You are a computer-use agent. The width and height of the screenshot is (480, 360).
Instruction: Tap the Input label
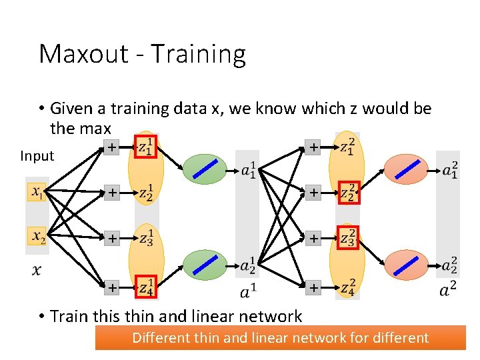pos(37,156)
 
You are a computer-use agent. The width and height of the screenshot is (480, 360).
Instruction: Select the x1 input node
pos(37,193)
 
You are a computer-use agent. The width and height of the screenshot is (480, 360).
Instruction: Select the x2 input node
pos(37,237)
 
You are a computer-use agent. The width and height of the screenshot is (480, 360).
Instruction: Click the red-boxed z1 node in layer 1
pos(147,147)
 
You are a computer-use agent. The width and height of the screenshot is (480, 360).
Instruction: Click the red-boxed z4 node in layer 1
pos(147,288)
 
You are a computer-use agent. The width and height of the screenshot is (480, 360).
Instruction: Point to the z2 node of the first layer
pos(147,193)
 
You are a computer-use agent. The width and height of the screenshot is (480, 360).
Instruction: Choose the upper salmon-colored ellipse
pos(405,170)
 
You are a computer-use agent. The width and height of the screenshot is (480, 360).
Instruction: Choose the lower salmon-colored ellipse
pos(405,265)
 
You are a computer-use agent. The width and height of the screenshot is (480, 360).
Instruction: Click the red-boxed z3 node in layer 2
pos(348,237)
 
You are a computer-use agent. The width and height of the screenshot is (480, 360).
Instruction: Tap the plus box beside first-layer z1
pos(111,147)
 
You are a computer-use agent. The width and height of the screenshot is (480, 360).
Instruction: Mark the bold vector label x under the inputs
pos(37,270)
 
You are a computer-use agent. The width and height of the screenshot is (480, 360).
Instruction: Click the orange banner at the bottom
pos(280,337)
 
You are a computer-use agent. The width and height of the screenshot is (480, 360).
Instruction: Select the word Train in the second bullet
pos(69,316)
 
